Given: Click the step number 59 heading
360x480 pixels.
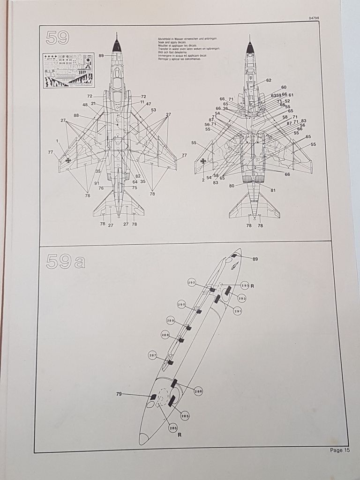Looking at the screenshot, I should [58, 37].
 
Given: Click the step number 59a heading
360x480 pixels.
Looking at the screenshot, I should [65, 261].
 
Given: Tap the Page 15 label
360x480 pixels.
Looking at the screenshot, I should [339, 450].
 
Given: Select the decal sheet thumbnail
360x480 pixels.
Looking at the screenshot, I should [68, 70].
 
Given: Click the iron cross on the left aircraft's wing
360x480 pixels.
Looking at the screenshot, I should [68, 160].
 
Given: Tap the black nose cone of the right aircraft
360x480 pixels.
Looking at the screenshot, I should [250, 48].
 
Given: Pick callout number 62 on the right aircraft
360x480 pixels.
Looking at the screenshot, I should [269, 80].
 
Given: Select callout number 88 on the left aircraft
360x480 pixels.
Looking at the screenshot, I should [76, 115].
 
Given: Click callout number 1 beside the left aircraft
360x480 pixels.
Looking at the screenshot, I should [57, 141].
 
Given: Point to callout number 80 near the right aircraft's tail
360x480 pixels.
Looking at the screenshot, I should [232, 186].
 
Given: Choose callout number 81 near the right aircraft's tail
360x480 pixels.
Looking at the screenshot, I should [273, 190].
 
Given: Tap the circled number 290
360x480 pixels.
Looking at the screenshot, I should [182, 305].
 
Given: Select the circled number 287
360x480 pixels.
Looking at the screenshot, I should [153, 355].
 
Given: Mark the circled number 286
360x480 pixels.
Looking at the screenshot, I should [198, 391].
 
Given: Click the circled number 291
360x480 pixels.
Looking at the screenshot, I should [238, 311].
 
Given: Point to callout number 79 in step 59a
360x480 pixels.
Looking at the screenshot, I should [119, 394].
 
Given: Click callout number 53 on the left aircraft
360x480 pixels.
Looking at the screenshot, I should [153, 110].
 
